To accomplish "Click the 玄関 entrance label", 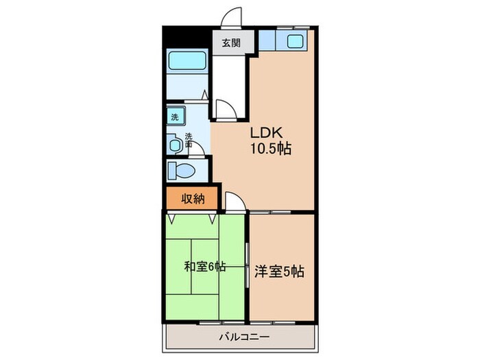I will click(x=230, y=43).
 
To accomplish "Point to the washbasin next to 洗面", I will click(x=174, y=145).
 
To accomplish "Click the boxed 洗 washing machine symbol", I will click(x=174, y=117).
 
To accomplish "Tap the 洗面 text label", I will click(x=188, y=140).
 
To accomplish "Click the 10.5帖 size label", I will click(x=271, y=148).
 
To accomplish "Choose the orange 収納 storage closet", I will click(x=193, y=199).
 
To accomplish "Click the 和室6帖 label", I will click(x=205, y=267).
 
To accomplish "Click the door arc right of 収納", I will click(x=232, y=201).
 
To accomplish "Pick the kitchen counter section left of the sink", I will click(x=270, y=41).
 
